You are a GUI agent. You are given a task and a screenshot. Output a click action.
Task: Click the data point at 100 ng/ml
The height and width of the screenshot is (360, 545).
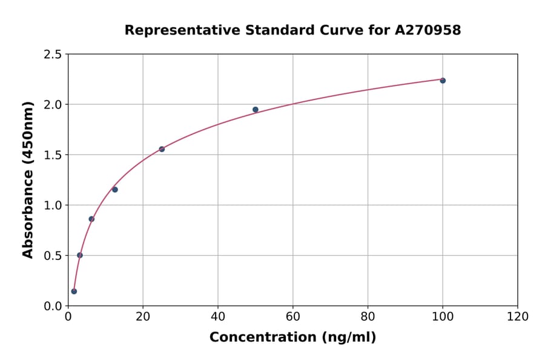click(x=443, y=81)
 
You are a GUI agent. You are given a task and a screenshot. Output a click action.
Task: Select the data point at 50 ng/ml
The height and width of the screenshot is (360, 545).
click(x=256, y=110)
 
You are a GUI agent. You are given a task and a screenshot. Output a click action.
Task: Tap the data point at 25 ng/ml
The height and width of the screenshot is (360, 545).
click(x=162, y=149)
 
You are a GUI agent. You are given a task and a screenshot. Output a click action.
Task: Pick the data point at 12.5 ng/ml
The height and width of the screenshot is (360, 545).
click(x=115, y=190)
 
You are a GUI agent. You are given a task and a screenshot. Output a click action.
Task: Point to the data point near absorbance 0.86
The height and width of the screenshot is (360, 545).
click(x=91, y=219)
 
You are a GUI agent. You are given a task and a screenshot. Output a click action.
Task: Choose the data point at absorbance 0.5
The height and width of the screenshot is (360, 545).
click(x=80, y=255)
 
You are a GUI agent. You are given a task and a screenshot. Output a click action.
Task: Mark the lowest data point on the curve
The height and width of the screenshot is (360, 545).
click(x=74, y=292)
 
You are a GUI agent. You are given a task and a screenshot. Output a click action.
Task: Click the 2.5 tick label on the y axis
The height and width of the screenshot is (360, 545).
click(x=53, y=55)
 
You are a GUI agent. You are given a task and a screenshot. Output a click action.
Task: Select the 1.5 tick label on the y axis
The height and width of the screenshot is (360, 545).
click(x=53, y=155)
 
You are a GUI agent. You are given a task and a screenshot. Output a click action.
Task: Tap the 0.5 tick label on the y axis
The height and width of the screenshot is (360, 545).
click(x=53, y=256)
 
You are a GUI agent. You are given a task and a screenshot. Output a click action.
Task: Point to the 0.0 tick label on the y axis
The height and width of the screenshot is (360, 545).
click(x=53, y=306)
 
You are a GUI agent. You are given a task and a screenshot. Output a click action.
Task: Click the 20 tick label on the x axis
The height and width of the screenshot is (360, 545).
click(x=143, y=316)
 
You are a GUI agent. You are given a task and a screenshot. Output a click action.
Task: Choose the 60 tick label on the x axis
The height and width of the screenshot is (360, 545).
click(x=292, y=316)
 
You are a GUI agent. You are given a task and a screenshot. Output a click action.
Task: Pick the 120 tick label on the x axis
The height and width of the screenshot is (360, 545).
click(x=518, y=316)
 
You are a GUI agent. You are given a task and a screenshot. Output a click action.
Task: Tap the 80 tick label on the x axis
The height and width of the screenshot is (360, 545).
click(x=368, y=316)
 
